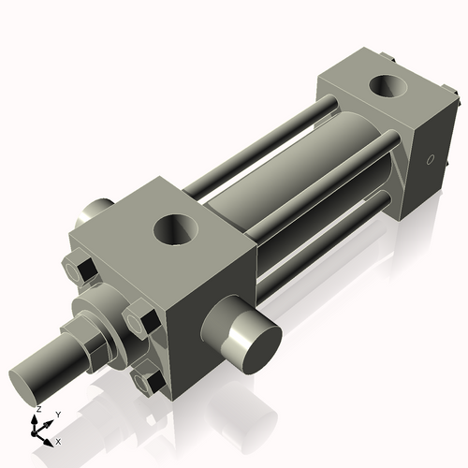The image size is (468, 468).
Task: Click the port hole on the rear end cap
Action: coord(386,87)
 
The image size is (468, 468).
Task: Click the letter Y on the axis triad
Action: coord(57,414)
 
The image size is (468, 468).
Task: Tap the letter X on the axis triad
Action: coord(59,440)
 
